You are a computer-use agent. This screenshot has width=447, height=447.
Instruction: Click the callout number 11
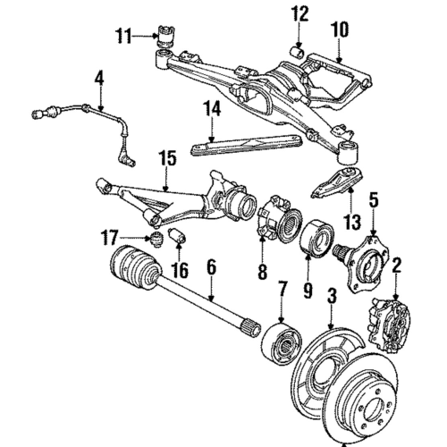122,36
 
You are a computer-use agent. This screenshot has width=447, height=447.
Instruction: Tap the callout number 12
298,13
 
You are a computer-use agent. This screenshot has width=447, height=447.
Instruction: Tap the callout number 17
109,237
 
